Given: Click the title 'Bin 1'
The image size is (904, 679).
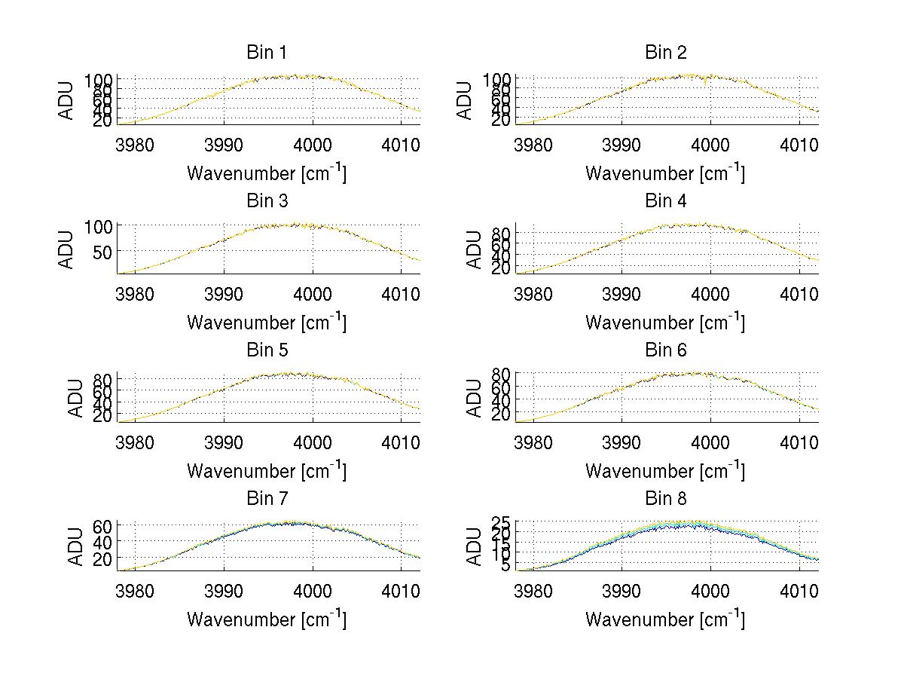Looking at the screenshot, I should pyautogui.click(x=267, y=52).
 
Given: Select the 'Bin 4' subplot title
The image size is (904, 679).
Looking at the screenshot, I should pyautogui.click(x=666, y=201).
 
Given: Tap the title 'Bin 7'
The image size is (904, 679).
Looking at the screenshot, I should pyautogui.click(x=267, y=499).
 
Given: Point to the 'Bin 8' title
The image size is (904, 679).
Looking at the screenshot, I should pyautogui.click(x=666, y=499).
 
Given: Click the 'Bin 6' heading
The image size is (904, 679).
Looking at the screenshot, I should pyautogui.click(x=666, y=350).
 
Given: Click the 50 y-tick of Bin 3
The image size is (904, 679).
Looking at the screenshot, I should pyautogui.click(x=103, y=250).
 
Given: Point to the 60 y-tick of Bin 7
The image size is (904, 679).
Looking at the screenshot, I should pyautogui.click(x=103, y=525).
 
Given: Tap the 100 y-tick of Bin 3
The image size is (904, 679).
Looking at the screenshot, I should pyautogui.click(x=99, y=226).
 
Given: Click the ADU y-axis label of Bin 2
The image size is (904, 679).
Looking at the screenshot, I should pyautogui.click(x=466, y=100).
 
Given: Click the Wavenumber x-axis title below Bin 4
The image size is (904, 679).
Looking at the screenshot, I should pyautogui.click(x=665, y=322).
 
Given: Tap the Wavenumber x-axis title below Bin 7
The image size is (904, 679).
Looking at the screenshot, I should pyautogui.click(x=267, y=619).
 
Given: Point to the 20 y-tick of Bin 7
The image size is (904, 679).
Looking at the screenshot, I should pyautogui.click(x=103, y=558).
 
